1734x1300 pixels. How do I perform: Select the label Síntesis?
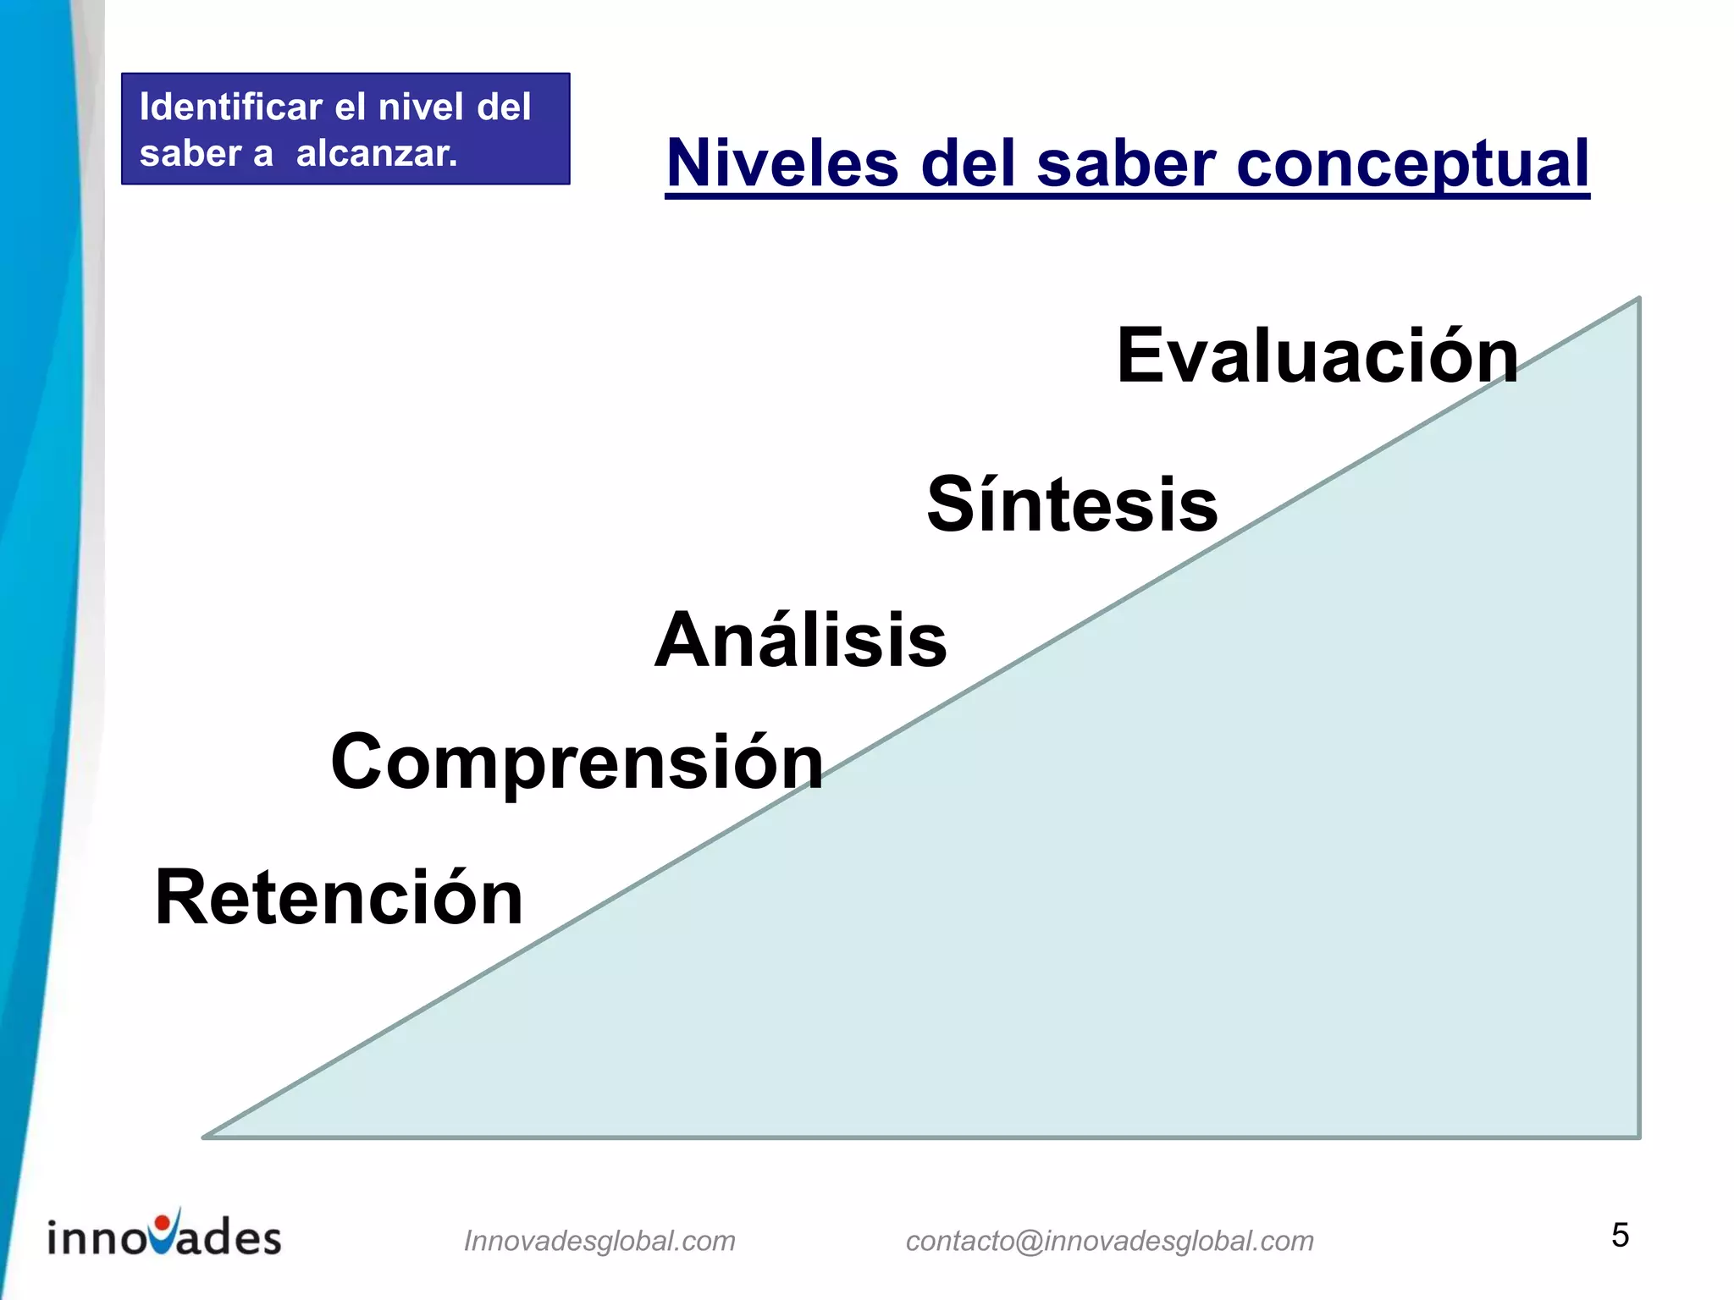tap(1072, 505)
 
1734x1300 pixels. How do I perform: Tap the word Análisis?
tap(800, 641)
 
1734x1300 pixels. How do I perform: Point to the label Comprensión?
tap(577, 763)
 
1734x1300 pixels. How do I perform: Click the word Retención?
tap(339, 898)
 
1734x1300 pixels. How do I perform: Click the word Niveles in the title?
tap(781, 163)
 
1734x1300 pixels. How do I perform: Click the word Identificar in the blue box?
tap(230, 107)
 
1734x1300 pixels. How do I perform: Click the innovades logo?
tap(164, 1235)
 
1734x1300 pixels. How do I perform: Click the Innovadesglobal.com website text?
tap(599, 1241)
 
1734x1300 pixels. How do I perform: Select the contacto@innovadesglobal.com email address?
tap(1109, 1241)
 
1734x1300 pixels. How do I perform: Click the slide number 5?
tap(1620, 1236)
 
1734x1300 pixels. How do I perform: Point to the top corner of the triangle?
tap(1638, 300)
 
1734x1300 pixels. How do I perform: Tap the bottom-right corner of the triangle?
tap(1638, 1136)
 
